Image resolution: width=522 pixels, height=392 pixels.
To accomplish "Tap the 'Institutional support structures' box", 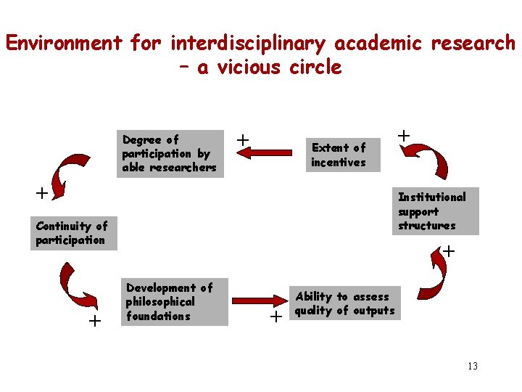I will point(436,211).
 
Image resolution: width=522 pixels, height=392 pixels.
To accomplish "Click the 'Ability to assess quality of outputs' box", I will point(344,303).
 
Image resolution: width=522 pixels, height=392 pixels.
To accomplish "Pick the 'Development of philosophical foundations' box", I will point(176,301).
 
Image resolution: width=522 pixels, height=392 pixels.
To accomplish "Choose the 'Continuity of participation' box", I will point(73,233).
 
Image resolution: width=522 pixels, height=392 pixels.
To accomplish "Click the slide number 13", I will point(472,366).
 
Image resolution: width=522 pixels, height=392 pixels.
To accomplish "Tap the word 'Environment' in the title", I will point(64,43).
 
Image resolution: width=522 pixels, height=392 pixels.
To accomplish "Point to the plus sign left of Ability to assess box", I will point(275,317).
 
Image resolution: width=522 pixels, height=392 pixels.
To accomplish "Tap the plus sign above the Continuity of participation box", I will point(42,193).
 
